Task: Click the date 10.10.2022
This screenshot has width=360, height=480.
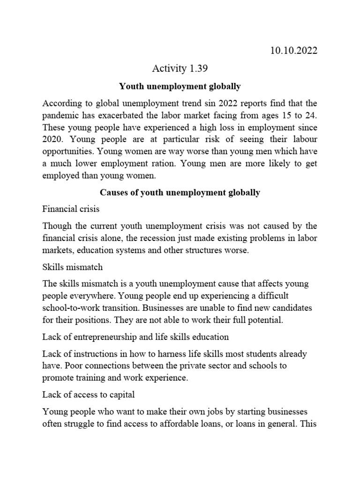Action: (x=294, y=51)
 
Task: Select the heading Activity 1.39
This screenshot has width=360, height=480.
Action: (x=180, y=69)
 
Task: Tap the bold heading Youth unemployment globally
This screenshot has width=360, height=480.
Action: (x=180, y=86)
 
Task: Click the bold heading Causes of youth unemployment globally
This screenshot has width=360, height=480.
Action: (x=180, y=193)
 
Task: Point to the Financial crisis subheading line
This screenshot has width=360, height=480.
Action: (x=71, y=210)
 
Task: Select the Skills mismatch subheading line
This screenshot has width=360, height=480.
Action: (x=72, y=267)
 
